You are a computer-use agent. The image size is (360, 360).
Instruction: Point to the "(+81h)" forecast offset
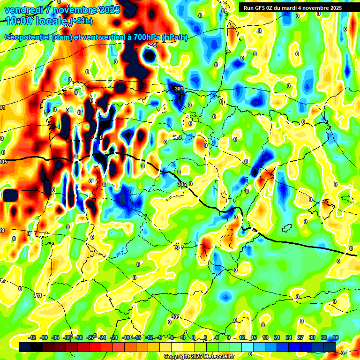coord(82,21)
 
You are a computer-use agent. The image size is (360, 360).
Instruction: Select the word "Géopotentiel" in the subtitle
coord(28,37)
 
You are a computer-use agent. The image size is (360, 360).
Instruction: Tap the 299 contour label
coord(152,45)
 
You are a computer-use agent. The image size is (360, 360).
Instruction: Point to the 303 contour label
coord(177,137)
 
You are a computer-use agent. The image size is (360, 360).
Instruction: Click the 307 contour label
coord(179,248)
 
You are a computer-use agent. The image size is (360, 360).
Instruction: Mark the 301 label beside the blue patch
coord(178,89)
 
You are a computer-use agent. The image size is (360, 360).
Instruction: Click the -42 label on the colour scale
coord(32,338)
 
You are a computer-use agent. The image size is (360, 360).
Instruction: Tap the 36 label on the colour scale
coord(336,338)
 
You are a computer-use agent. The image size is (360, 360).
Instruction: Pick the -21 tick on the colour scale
coord(114,338)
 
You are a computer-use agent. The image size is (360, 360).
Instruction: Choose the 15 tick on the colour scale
coord(254,338)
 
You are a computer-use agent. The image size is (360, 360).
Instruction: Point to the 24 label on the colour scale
coord(289,338)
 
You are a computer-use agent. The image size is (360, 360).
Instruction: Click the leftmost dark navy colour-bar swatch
coord(25,347)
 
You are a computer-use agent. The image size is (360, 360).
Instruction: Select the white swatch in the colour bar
coord(178,347)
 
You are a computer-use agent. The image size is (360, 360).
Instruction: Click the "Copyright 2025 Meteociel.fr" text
coord(199,356)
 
